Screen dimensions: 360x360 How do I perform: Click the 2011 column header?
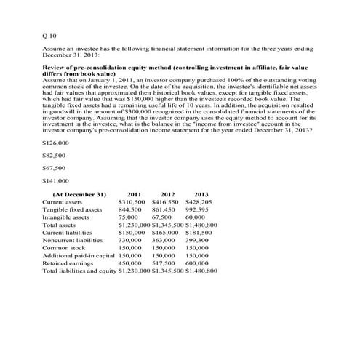pyautogui.click(x=134, y=194)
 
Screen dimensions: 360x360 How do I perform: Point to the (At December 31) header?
pyautogui.click(x=80, y=194)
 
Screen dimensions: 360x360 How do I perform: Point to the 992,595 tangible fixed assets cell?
pyautogui.click(x=200, y=209)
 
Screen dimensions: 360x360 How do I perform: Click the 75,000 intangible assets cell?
pyautogui.click(x=128, y=217)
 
